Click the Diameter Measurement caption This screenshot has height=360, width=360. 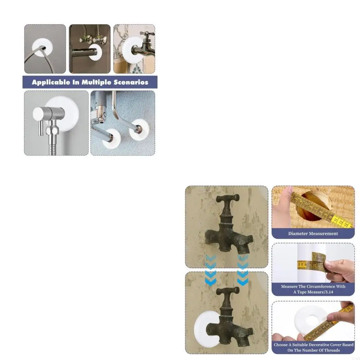313,233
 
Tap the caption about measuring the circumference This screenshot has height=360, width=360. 313,289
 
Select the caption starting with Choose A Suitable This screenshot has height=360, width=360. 313,347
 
